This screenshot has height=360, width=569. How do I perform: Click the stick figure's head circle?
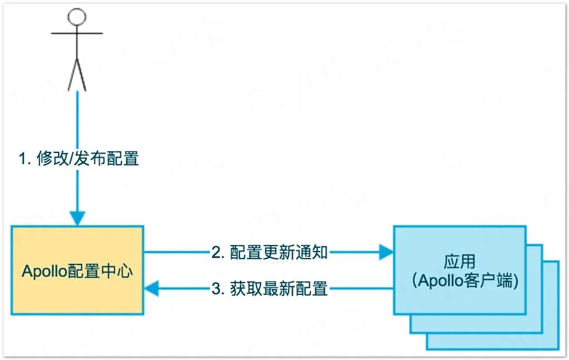(77, 16)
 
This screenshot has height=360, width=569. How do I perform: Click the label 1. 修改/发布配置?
(79, 159)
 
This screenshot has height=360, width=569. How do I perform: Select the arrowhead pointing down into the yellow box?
(77, 219)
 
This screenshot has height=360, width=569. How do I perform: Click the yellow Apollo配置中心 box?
(77, 293)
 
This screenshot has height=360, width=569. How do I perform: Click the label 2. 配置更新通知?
(270, 253)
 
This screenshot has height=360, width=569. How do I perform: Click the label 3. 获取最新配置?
(269, 288)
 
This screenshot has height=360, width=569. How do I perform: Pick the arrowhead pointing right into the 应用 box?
(386, 253)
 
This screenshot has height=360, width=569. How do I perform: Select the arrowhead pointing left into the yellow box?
(152, 288)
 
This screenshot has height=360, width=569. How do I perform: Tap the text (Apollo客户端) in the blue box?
(459, 280)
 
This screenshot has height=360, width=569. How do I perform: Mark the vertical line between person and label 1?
(77, 117)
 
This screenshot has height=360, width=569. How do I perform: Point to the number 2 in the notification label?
(216, 253)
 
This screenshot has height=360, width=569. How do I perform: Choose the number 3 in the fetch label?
(216, 288)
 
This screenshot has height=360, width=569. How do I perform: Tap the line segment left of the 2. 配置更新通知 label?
(176, 253)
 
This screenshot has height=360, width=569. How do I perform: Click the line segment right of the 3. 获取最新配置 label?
(361, 288)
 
